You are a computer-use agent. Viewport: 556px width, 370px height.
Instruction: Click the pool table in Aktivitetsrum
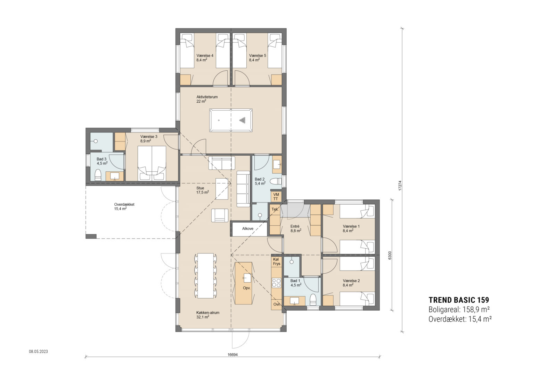pyautogui.click(x=231, y=120)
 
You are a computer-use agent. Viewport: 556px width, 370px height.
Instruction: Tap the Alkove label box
pyautogui.click(x=248, y=229)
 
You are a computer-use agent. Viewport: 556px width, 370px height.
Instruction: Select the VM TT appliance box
pyautogui.click(x=276, y=197)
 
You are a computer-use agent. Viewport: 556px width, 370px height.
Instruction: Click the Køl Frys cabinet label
pyautogui.click(x=276, y=261)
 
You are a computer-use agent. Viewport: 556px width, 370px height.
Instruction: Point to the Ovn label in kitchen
pyautogui.click(x=277, y=304)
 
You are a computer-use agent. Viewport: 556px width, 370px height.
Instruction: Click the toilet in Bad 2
pyautogui.click(x=277, y=181)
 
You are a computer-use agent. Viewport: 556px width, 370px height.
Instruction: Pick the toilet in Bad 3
pyautogui.click(x=98, y=175)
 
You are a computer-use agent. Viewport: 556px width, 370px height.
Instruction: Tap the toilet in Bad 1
pyautogui.click(x=313, y=300)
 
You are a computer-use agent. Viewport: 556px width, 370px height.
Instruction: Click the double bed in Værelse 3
pyautogui.click(x=152, y=163)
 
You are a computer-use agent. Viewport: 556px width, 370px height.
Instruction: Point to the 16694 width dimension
pyautogui.click(x=232, y=355)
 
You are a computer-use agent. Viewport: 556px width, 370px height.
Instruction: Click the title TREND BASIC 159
pyautogui.click(x=459, y=300)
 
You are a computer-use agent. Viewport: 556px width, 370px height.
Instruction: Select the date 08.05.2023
pyautogui.click(x=38, y=352)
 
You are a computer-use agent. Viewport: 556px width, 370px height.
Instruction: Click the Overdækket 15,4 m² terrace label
pyautogui.click(x=124, y=206)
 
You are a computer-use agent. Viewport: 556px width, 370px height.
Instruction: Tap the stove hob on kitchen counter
pyautogui.click(x=277, y=283)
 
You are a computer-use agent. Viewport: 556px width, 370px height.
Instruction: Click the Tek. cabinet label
pyautogui.click(x=275, y=209)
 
